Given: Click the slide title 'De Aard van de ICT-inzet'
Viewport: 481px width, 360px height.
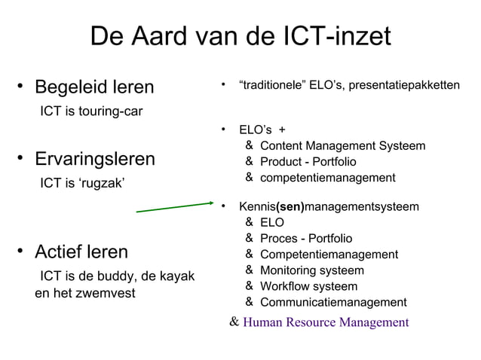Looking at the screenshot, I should click(240, 36).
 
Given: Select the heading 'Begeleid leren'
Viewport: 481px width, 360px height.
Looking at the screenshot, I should click(94, 87).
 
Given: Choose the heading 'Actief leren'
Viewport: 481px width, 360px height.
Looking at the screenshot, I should click(81, 252).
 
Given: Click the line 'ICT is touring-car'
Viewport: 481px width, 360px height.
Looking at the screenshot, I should click(91, 112).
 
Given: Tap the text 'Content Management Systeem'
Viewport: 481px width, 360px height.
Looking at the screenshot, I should click(342, 145).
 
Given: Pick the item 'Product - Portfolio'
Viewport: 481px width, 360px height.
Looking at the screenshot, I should click(308, 162).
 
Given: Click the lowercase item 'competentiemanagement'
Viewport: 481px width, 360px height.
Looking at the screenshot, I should click(327, 178).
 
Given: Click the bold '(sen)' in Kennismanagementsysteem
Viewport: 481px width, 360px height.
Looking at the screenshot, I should click(290, 206).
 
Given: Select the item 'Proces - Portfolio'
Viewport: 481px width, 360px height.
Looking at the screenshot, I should click(305, 239).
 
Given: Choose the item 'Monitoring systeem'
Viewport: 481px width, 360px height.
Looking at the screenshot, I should click(311, 270).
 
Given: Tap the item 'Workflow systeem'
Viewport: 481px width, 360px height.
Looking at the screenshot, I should click(308, 286).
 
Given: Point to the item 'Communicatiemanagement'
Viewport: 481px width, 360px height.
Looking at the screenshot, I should click(332, 303).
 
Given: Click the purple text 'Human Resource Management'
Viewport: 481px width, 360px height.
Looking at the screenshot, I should click(326, 323).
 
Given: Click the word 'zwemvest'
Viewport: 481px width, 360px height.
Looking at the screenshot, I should click(109, 292).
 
